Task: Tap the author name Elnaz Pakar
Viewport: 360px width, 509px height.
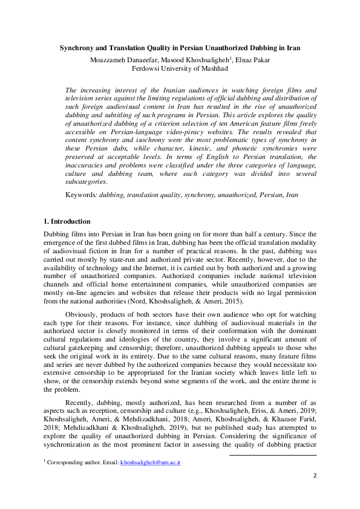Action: (x=254, y=59)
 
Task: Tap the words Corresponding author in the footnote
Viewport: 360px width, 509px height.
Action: (x=69, y=462)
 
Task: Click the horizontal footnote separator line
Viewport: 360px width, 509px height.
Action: (x=273, y=455)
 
